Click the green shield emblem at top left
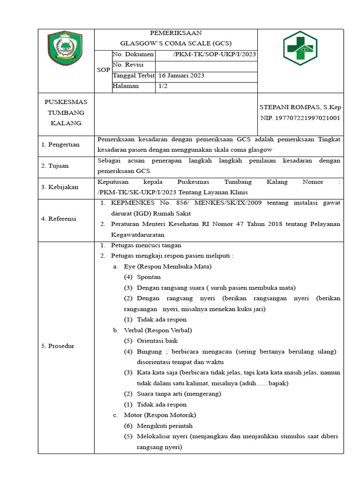(66, 48)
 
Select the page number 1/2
(164, 86)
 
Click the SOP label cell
(103, 70)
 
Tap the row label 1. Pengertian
(60, 144)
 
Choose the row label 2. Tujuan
(55, 166)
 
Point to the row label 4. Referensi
(59, 218)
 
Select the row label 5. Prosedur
(58, 346)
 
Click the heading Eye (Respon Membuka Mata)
(167, 266)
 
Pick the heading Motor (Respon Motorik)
(159, 415)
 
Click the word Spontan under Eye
(149, 277)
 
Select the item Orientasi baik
(157, 341)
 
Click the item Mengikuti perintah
(165, 426)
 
